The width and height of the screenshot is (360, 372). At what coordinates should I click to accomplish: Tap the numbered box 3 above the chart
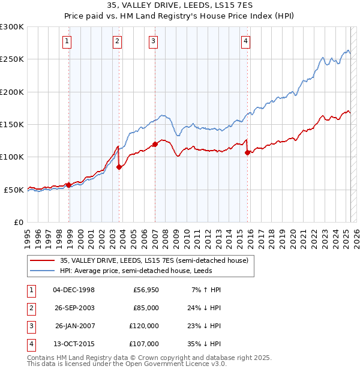(154, 41)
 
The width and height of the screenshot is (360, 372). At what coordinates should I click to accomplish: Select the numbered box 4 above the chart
(246, 41)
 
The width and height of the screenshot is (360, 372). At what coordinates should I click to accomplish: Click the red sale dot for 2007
(155, 144)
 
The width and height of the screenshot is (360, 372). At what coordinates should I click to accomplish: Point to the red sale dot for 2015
(247, 152)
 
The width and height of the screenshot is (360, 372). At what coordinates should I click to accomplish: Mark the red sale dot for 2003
(119, 167)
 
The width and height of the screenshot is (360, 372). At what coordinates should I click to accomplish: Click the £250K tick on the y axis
(12, 59)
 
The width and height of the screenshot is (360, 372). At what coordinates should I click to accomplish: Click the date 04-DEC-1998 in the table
(74, 290)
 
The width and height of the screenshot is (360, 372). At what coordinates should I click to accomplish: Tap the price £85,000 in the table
(146, 308)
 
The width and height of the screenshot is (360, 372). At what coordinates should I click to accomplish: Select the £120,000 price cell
(144, 326)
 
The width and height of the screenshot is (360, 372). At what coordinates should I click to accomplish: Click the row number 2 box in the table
(30, 308)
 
